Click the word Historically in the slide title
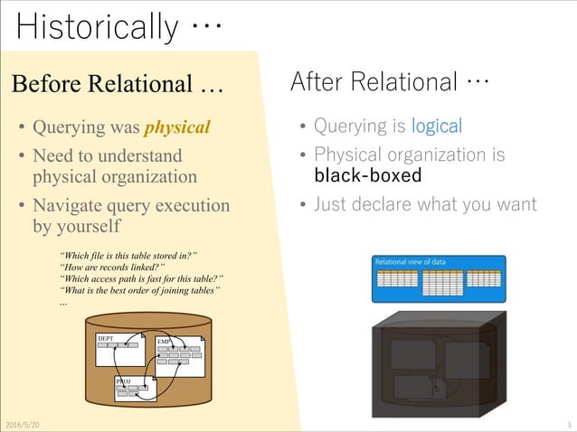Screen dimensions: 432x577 click(97, 26)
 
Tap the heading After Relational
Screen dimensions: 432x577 click(390, 82)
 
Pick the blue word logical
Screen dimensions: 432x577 click(436, 127)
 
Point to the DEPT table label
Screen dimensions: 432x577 click(105, 336)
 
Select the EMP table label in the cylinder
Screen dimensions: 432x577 click(164, 342)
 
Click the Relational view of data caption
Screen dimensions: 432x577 click(410, 262)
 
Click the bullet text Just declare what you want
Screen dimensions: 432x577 click(424, 204)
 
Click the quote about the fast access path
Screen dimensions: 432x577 click(140, 278)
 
